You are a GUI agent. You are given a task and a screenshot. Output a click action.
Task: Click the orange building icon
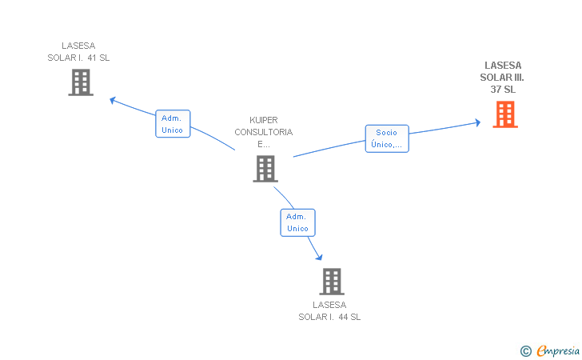505,114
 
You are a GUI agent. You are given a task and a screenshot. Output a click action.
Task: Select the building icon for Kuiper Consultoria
265,169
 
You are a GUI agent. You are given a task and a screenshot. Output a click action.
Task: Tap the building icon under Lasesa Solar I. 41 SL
81,82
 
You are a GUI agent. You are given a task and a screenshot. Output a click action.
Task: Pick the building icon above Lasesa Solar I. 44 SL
332,282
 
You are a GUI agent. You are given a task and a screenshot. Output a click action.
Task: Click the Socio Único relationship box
387,138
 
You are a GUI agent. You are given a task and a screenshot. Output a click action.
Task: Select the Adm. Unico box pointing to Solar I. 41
173,124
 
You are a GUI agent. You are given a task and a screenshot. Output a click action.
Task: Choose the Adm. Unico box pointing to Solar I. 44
297,222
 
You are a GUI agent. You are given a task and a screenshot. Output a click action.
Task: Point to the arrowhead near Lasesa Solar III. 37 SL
478,122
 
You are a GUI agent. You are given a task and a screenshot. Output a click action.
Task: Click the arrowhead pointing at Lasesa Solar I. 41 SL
113,100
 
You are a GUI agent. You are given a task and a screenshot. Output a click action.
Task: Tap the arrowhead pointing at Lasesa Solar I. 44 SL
319,257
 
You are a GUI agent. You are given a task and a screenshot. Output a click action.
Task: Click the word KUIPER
264,120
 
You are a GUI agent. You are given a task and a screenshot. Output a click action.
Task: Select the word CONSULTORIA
264,132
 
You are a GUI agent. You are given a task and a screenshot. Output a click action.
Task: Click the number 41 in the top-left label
92,58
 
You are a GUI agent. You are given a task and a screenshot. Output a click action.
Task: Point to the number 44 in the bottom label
343,317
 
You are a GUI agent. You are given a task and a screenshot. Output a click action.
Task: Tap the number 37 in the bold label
496,89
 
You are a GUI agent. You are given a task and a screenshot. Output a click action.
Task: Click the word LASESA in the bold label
503,66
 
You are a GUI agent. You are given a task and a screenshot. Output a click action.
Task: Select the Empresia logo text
558,350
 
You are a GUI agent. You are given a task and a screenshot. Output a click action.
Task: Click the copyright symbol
526,351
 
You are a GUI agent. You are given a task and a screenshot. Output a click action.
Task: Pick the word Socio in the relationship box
386,133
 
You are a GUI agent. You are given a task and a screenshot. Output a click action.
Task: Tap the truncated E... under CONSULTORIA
264,144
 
